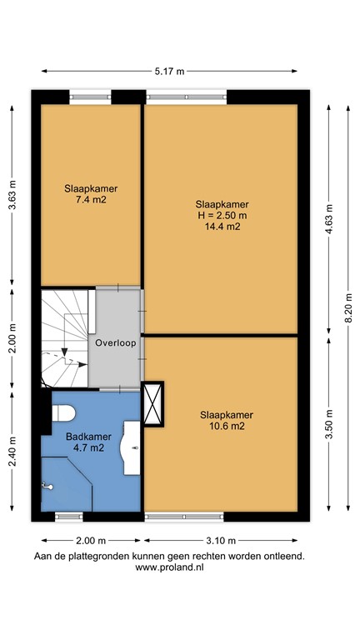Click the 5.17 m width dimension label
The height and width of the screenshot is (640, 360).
tap(169, 71)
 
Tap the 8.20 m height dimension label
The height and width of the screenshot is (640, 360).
tap(349, 306)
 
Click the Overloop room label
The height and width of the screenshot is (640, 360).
tap(116, 342)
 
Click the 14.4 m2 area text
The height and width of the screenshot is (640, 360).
tap(222, 226)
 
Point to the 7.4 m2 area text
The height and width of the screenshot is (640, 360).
tap(91, 200)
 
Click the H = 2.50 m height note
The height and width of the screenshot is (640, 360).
tap(222, 215)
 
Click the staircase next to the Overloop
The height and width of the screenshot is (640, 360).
tap(63, 337)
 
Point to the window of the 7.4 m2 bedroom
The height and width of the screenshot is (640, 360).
tap(91, 98)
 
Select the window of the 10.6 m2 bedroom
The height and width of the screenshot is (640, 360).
tap(183, 517)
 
